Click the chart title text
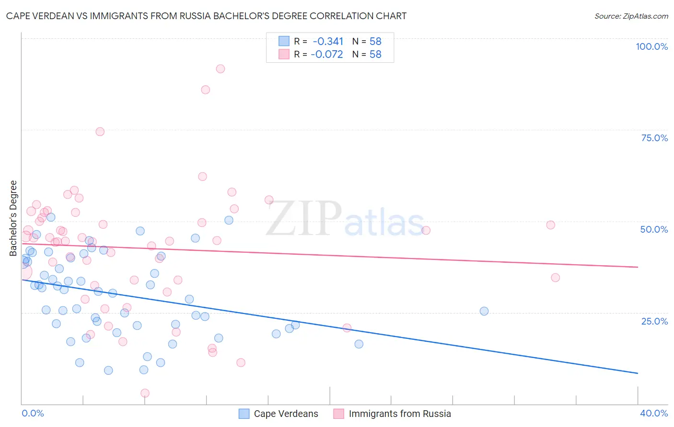[x=206, y=16]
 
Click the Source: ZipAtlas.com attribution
[x=631, y=16]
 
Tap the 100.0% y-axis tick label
[x=651, y=46]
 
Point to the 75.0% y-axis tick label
[x=654, y=138]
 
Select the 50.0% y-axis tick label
[x=654, y=229]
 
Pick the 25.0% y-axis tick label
[x=654, y=321]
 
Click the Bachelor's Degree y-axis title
[x=13, y=218]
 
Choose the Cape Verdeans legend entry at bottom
[x=286, y=414]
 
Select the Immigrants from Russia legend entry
[x=399, y=414]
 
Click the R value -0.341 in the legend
[x=328, y=42]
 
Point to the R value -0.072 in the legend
[x=327, y=55]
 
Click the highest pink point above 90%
[x=220, y=68]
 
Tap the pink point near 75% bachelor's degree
[x=100, y=132]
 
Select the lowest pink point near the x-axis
[x=145, y=393]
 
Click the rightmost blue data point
[x=484, y=311]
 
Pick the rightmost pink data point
[x=555, y=278]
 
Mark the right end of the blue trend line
[x=638, y=373]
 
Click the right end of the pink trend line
[x=638, y=267]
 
